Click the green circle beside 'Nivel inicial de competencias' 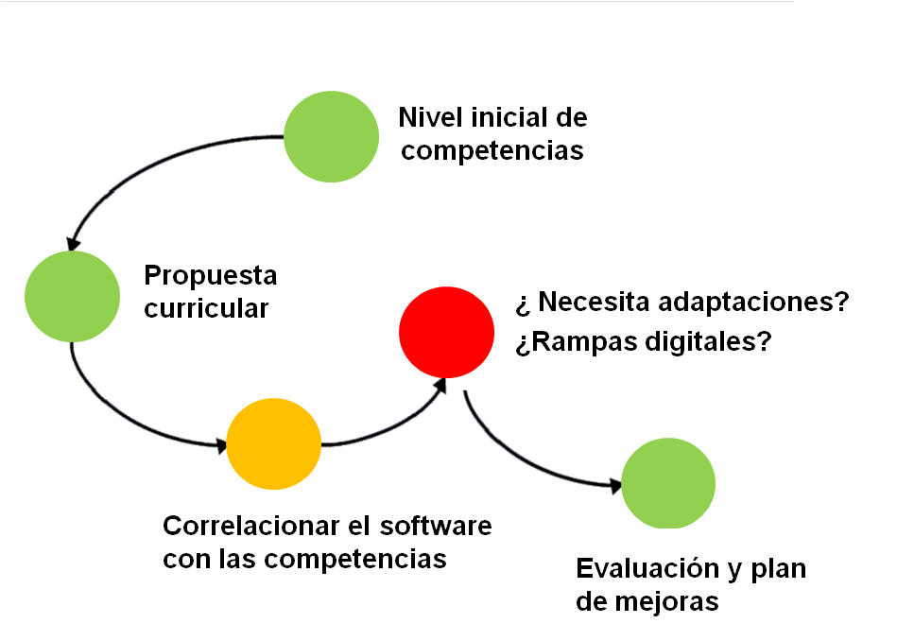(331, 137)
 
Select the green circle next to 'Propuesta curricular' (72, 297)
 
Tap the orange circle (273, 444)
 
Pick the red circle (447, 333)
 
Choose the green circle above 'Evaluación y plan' (668, 484)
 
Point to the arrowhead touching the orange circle (221, 445)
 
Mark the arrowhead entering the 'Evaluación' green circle (615, 487)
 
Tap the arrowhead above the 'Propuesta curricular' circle (73, 244)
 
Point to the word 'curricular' (206, 308)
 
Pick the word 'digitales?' (709, 342)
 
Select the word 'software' (436, 526)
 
